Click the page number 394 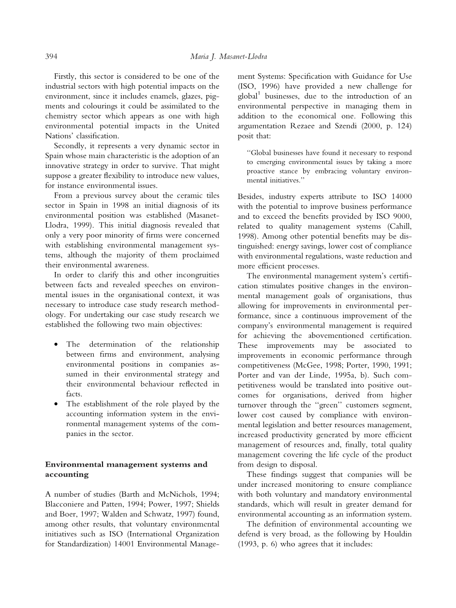pyautogui.click(x=51, y=57)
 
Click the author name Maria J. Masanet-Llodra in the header pyautogui.click(x=228, y=57)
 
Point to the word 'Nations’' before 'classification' pyautogui.click(x=59, y=136)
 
